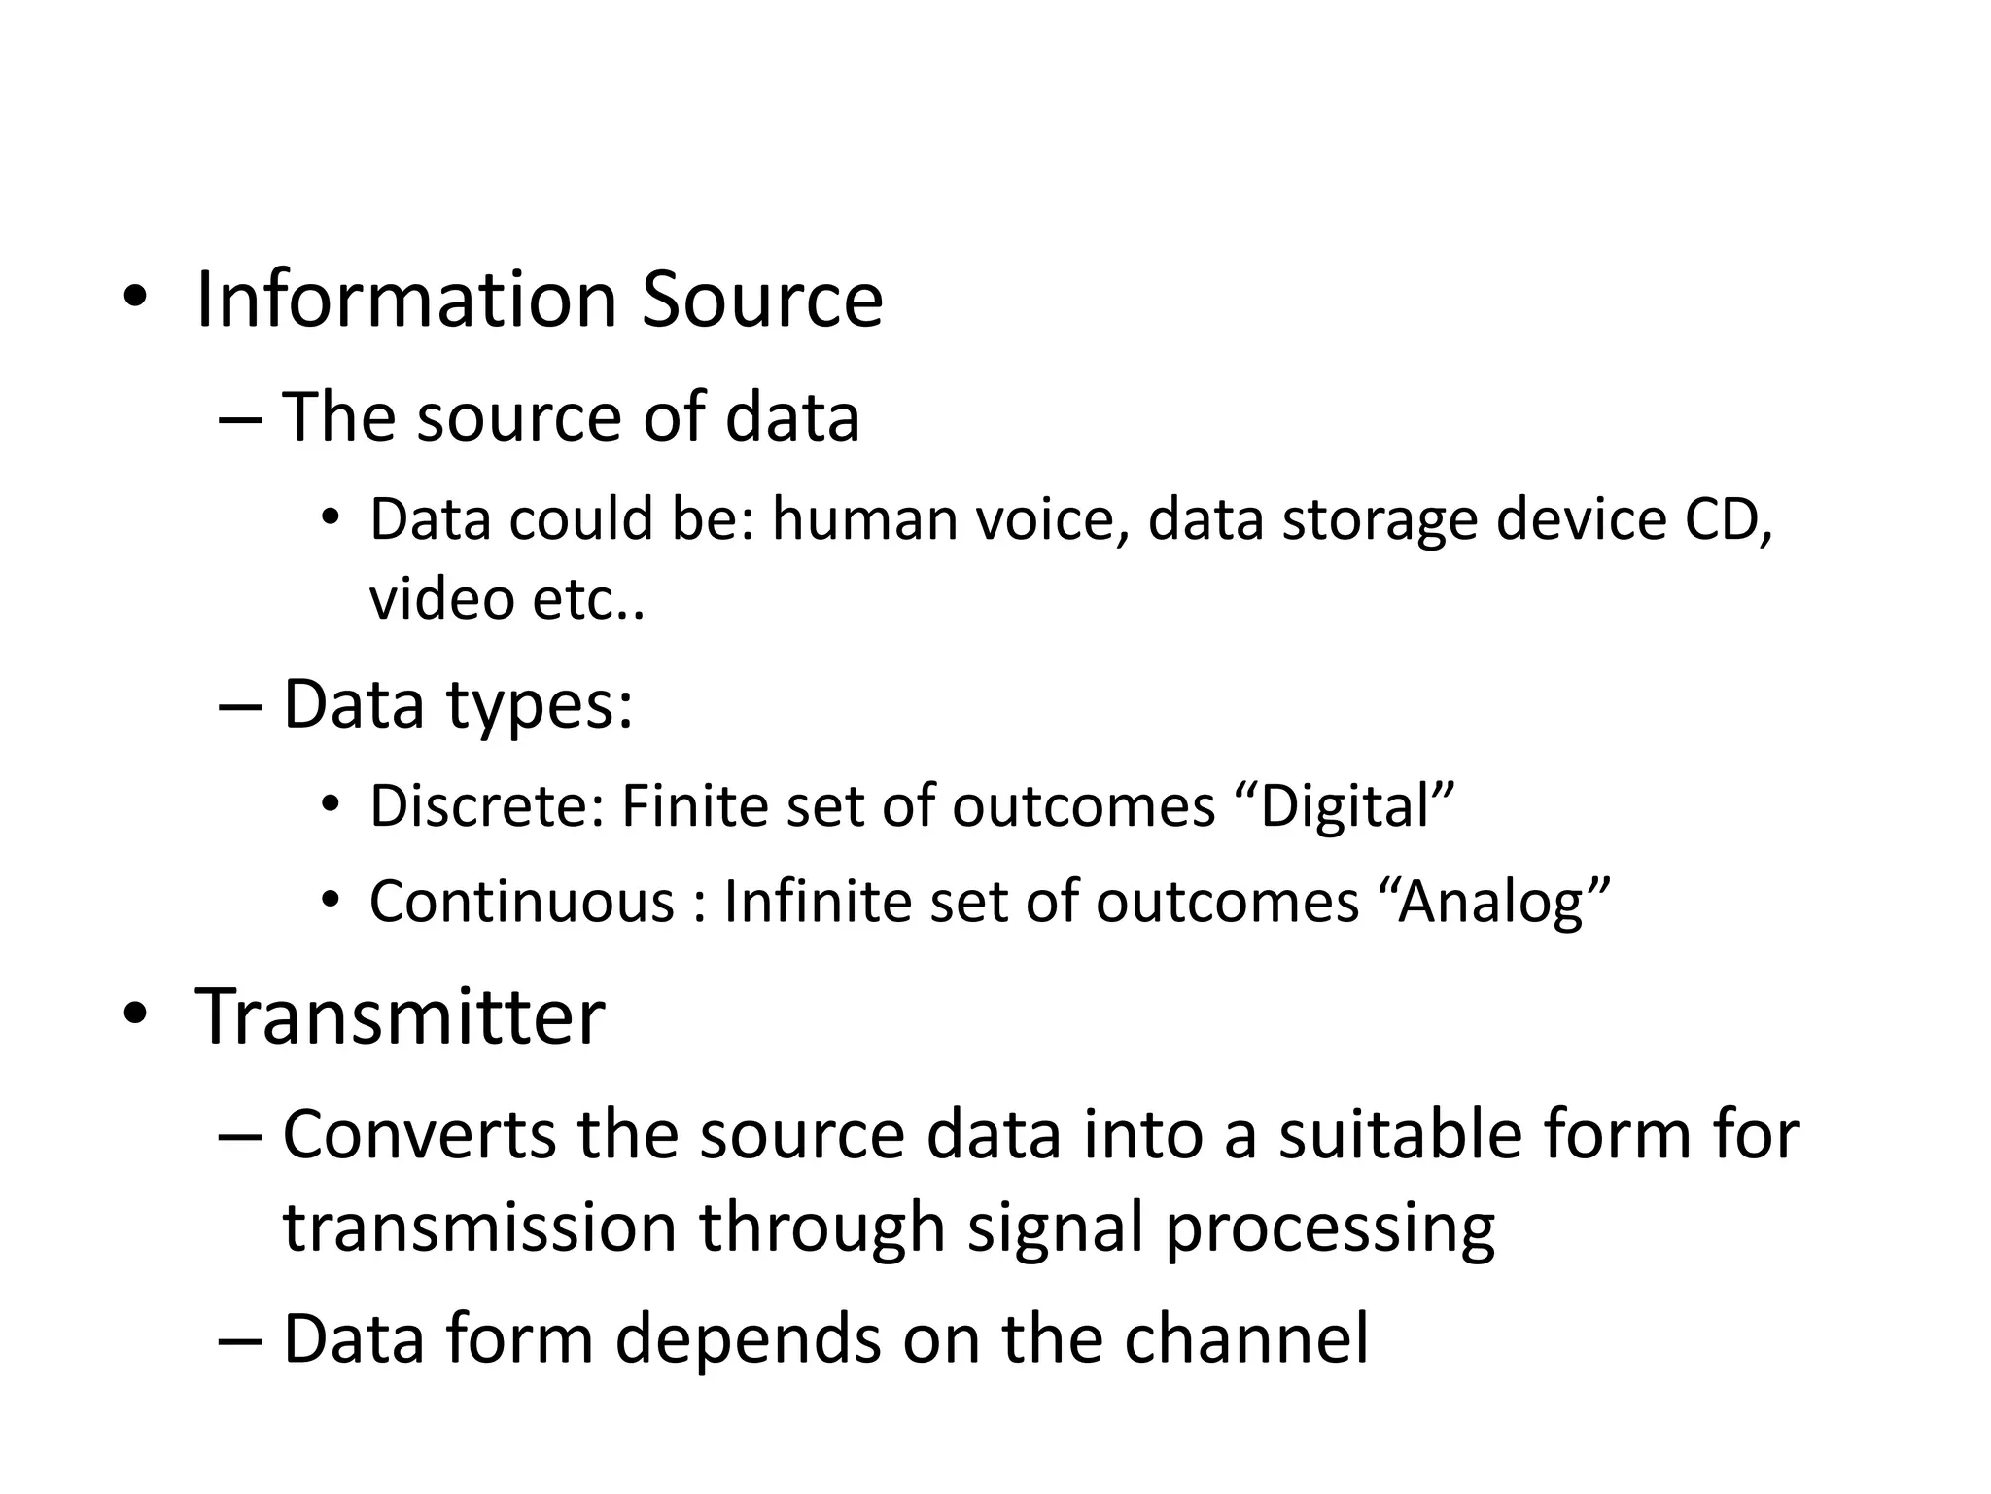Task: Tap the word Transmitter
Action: coord(401,1016)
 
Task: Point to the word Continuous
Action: coord(521,902)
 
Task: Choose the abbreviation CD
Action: coord(1728,518)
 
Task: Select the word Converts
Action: coord(419,1134)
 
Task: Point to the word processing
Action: coord(1329,1228)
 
